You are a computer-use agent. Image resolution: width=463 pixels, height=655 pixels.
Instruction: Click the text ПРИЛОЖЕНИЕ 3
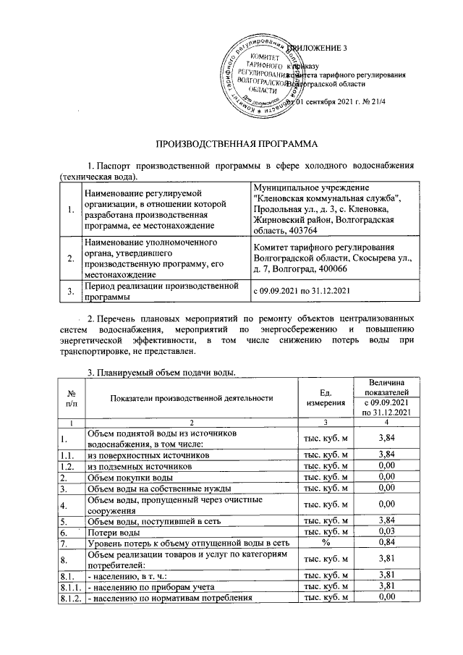318,48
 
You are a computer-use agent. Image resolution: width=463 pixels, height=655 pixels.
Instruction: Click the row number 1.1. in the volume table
69,455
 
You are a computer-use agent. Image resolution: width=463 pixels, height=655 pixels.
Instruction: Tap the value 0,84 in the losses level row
390,543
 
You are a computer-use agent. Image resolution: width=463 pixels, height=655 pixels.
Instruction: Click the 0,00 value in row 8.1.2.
390,597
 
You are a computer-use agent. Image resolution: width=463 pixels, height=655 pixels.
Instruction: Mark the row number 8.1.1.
69,586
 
